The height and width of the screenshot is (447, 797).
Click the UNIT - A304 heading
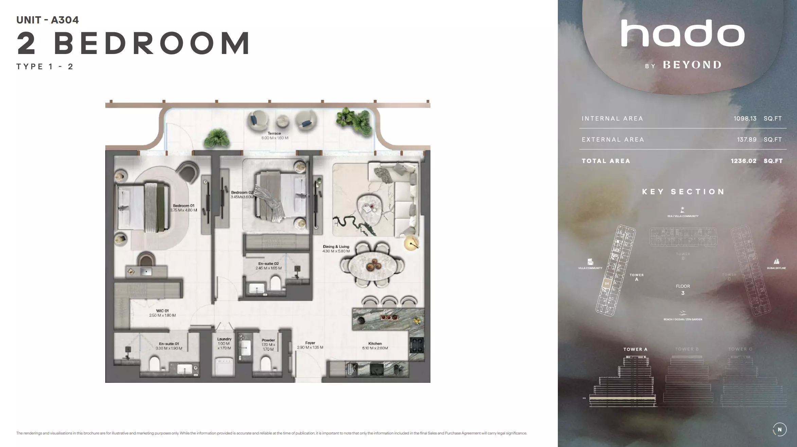point(48,20)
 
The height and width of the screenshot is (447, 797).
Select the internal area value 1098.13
point(745,119)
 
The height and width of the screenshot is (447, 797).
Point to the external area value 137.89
point(746,140)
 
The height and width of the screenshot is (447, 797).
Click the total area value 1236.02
point(743,161)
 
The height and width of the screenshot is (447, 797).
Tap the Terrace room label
point(274,133)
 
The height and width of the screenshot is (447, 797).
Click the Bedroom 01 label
point(183,206)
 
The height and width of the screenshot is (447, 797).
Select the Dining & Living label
point(336,247)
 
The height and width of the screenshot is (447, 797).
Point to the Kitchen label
point(375,344)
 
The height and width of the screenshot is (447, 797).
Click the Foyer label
point(310,343)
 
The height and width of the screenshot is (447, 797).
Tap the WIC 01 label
point(162,311)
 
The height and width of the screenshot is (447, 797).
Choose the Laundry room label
point(224,339)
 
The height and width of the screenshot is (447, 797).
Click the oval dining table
point(372,265)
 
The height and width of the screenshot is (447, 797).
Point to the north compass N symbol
point(779,429)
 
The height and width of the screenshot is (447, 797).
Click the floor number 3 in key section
point(683,293)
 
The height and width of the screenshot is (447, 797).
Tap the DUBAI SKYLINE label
point(776,268)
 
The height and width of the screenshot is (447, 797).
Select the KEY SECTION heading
point(683,192)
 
